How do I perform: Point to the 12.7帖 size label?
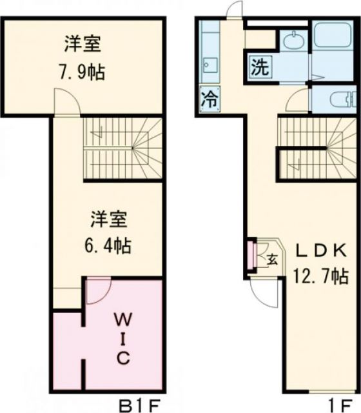322,277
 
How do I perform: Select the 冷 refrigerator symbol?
209,99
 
